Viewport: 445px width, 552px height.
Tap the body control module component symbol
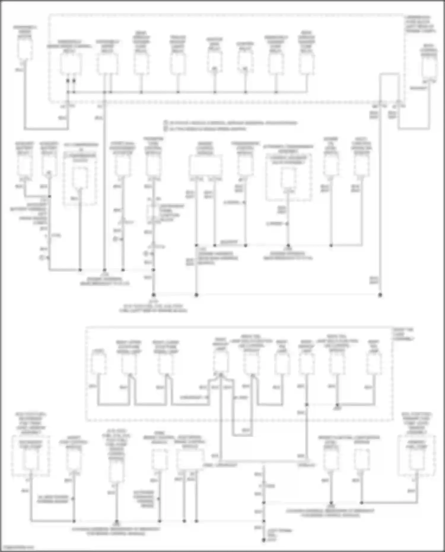429,67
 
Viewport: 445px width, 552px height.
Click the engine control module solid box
205,166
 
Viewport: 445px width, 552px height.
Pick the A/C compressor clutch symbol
80,178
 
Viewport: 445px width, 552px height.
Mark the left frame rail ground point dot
263,540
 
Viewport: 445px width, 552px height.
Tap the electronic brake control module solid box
190,459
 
